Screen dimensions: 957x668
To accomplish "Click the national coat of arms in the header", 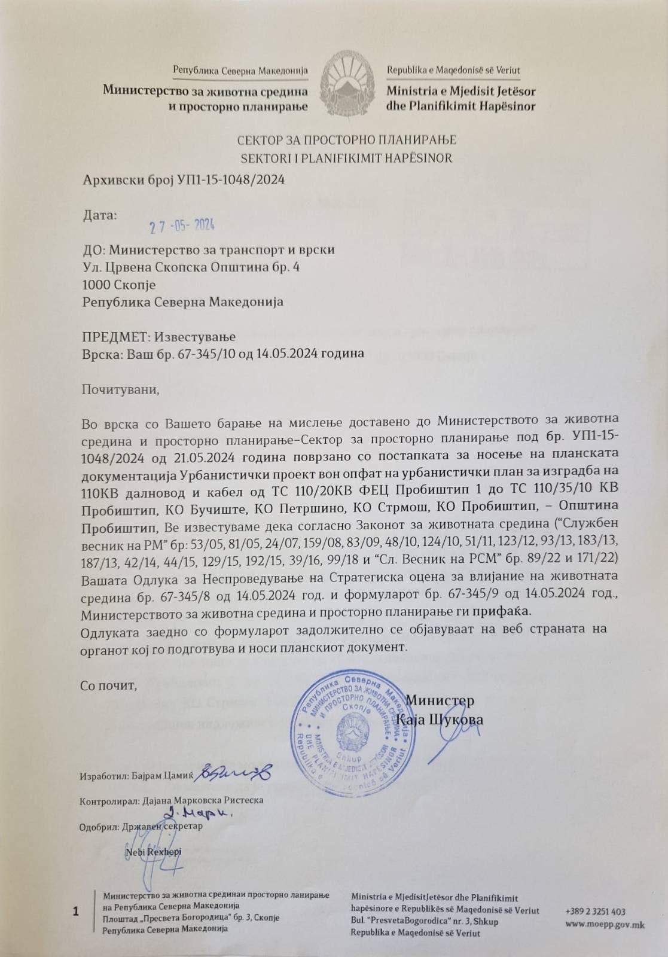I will tap(347, 84).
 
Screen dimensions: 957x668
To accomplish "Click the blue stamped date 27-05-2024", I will tap(182, 225).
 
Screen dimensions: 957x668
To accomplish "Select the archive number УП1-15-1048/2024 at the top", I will tap(231, 179).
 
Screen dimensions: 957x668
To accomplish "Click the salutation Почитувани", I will tap(120, 390).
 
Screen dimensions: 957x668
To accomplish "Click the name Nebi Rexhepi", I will tap(154, 851).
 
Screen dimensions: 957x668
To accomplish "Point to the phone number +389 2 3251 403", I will tap(595, 912).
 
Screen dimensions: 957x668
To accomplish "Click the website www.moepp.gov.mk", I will tap(605, 925).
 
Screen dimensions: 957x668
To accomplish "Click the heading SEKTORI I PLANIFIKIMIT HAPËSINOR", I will tap(346, 159).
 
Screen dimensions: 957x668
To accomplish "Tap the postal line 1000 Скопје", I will tap(119, 285).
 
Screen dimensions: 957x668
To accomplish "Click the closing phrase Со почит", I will tap(108, 685).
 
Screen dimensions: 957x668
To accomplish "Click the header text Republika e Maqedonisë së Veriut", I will tap(453, 70).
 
